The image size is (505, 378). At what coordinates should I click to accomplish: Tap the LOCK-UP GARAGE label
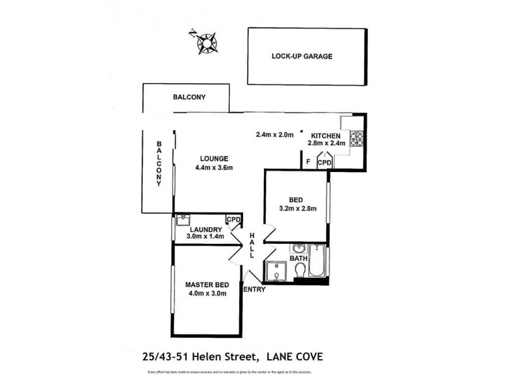(302, 56)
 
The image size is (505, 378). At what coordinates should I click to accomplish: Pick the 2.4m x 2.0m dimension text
(275, 134)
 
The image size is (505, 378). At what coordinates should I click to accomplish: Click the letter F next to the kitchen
(307, 162)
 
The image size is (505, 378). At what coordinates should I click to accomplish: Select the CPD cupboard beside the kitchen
(324, 163)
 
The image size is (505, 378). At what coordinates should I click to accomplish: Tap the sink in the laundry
(184, 220)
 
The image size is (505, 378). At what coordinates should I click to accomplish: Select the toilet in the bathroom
(300, 270)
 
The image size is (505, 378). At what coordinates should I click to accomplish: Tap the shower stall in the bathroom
(276, 272)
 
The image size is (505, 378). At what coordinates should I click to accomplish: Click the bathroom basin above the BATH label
(298, 248)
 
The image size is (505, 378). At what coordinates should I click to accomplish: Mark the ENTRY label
(254, 290)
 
